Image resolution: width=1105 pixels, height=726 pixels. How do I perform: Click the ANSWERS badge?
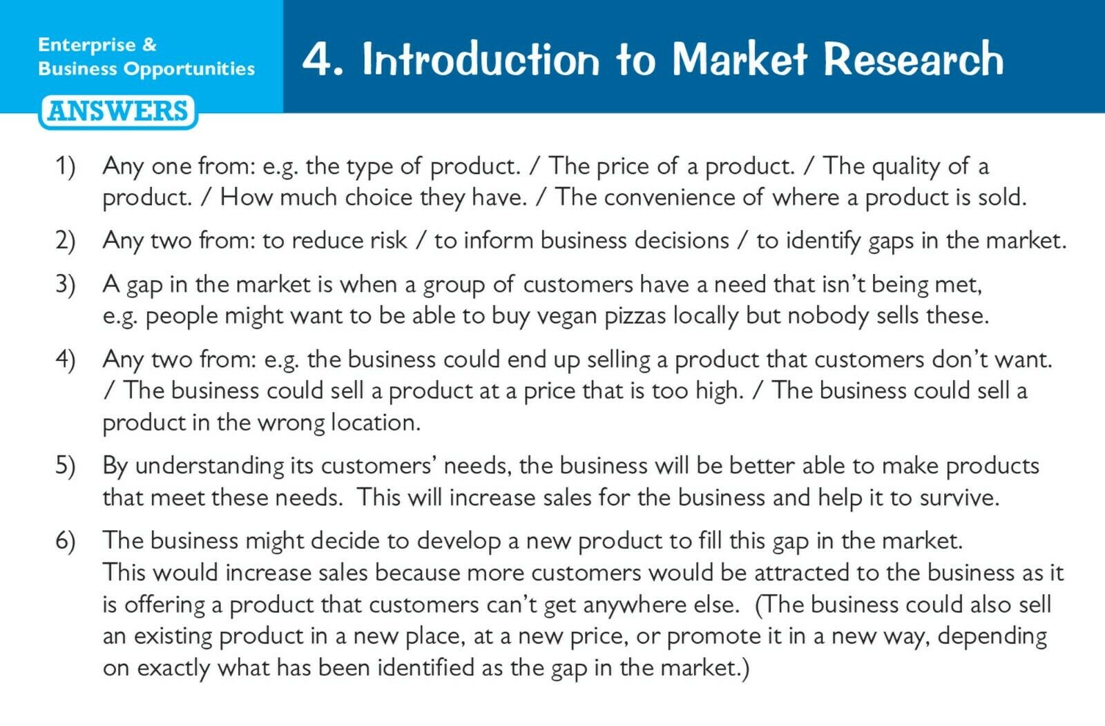pos(118,112)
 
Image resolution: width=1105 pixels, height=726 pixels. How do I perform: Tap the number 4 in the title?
pos(317,59)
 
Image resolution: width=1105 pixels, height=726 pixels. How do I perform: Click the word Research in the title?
pos(914,59)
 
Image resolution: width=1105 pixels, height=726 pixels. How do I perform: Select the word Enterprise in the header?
pos(87,46)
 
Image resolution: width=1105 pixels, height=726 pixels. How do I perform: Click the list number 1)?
pos(65,166)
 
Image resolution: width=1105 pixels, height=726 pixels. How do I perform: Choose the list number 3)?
pos(65,285)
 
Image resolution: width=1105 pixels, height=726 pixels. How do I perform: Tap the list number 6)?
pos(65,540)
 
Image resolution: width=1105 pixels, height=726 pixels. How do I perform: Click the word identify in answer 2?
pos(824,242)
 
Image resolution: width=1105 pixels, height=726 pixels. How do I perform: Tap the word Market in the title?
pos(740,59)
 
